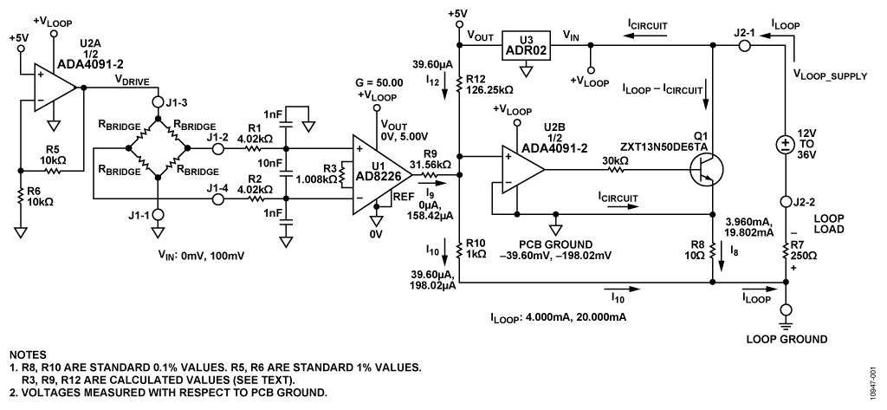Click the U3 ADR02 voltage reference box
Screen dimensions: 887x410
click(x=527, y=45)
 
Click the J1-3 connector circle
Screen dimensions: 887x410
click(x=159, y=102)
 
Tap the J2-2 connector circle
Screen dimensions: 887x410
click(x=785, y=201)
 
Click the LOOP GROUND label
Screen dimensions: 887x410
click(x=787, y=339)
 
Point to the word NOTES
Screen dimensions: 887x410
click(x=28, y=355)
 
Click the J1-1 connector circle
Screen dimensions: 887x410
click(x=159, y=215)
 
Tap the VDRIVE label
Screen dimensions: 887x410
click(x=133, y=81)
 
